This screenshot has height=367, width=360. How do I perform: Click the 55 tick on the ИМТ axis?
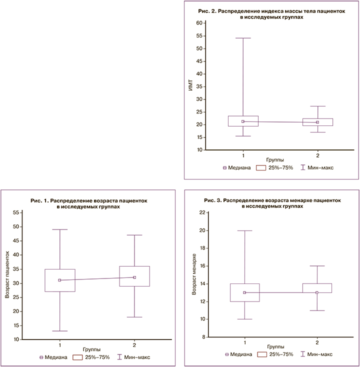(200, 36)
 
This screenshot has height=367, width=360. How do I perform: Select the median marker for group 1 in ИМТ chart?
(243, 121)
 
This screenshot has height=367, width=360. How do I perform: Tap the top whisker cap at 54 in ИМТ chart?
(243, 38)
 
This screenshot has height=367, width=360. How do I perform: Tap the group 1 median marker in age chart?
(60, 280)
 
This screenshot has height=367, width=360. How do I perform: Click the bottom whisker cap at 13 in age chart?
(60, 331)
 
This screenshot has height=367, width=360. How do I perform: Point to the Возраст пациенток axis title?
(7, 275)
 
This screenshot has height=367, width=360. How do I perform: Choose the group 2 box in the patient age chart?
(134, 276)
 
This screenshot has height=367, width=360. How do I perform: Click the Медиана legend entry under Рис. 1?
(53, 357)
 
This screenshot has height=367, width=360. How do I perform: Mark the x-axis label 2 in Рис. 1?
(134, 345)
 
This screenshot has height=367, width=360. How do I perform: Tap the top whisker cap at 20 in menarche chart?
(244, 230)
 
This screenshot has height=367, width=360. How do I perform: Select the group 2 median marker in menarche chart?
(317, 292)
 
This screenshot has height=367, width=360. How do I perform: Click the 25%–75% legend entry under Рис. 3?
(275, 354)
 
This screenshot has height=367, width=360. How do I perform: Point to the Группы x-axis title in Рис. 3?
(276, 345)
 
